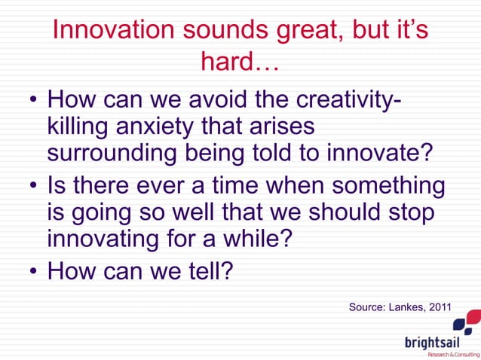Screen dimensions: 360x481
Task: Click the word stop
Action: click(x=410, y=212)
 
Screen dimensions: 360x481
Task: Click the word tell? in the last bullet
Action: click(x=207, y=270)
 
